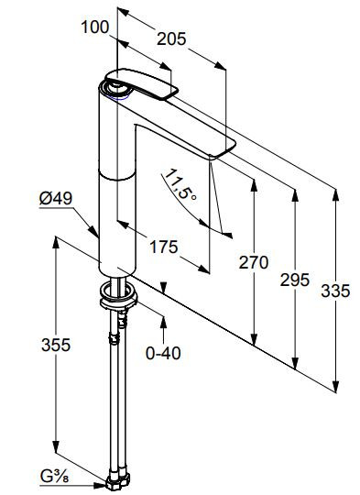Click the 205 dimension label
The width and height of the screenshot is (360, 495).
pyautogui.click(x=171, y=39)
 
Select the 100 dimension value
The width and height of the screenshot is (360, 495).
pyautogui.click(x=95, y=27)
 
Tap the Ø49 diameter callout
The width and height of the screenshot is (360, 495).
pyautogui.click(x=56, y=199)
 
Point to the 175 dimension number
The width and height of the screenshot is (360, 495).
pyautogui.click(x=163, y=247)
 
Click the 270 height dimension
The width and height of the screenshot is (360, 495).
pyautogui.click(x=254, y=262)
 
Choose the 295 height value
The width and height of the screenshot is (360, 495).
pyautogui.click(x=295, y=280)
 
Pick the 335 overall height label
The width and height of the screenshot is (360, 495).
pyautogui.click(x=335, y=291)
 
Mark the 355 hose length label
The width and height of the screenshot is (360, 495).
pyautogui.click(x=56, y=345)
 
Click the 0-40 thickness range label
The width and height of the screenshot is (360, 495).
pyautogui.click(x=163, y=353)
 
